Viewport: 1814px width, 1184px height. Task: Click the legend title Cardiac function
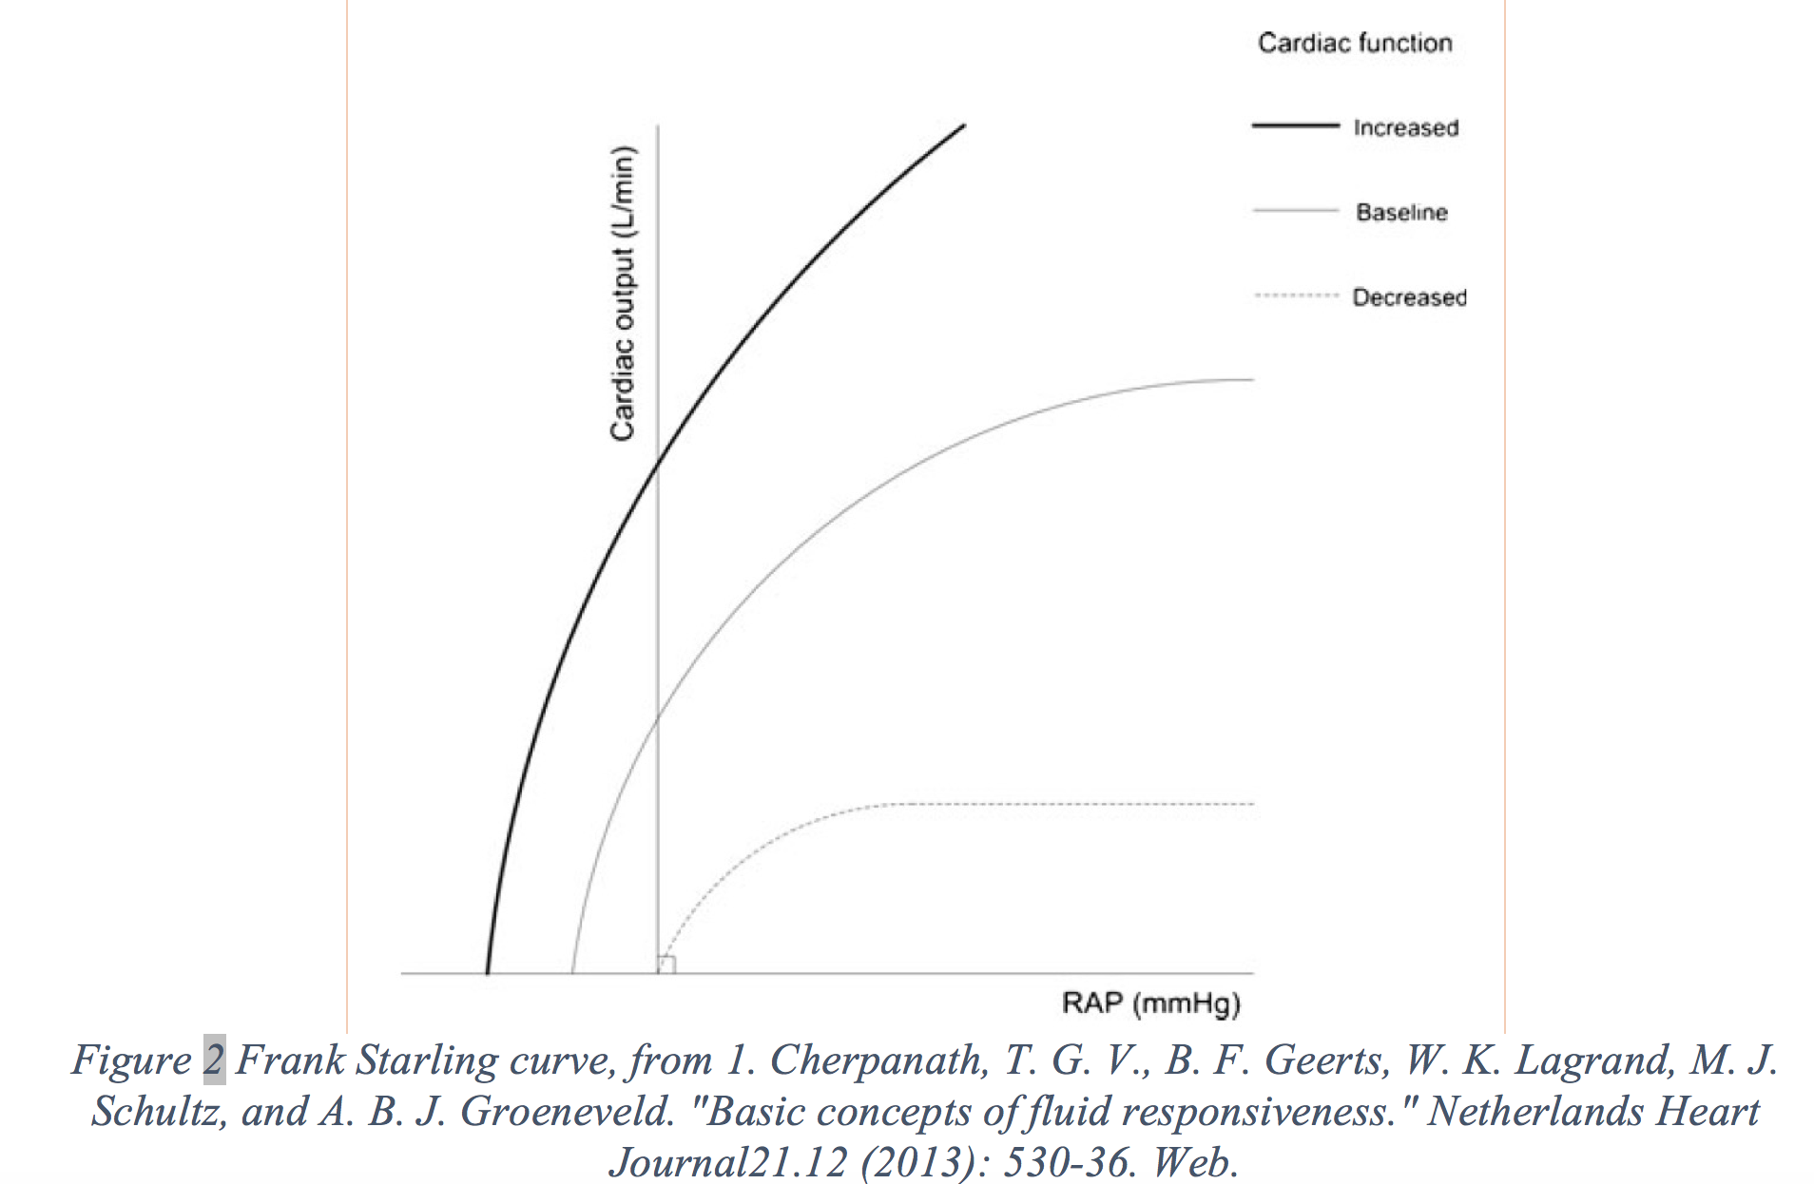(x=1355, y=43)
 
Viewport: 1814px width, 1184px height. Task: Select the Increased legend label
(x=1405, y=127)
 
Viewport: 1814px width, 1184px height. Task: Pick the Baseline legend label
(x=1401, y=212)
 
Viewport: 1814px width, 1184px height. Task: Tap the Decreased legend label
(x=1409, y=297)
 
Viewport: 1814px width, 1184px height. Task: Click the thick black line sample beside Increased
(x=1295, y=125)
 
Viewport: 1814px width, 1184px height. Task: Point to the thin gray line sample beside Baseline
(x=1295, y=210)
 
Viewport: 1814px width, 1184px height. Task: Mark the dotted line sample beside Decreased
(x=1295, y=296)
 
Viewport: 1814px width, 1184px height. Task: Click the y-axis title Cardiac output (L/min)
(x=622, y=294)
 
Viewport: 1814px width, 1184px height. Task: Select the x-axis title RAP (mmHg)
(x=1151, y=1003)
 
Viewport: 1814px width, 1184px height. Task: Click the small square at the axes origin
(x=666, y=964)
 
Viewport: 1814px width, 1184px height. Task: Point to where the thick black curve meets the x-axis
(x=487, y=973)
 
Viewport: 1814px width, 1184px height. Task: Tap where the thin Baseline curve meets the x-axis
(x=572, y=973)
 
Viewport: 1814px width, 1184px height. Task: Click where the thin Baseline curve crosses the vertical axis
(x=658, y=716)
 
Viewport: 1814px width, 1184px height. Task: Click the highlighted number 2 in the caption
(x=214, y=1060)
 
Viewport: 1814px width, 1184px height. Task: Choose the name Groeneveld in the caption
(x=569, y=1112)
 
